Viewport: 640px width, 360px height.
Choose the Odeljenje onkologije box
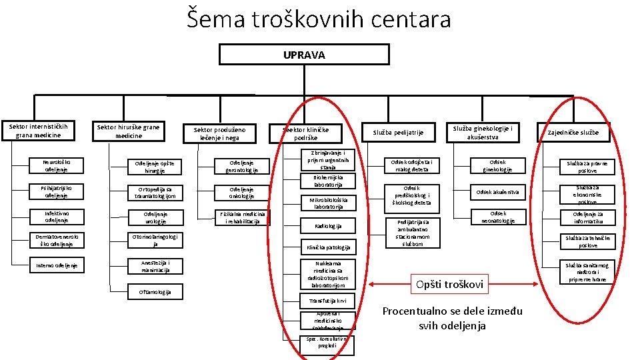(241, 192)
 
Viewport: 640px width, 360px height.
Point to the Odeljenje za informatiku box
(587, 217)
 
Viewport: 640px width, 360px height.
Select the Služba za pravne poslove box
(587, 167)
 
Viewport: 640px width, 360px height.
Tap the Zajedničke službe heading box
(573, 133)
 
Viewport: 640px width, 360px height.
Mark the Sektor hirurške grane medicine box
(128, 131)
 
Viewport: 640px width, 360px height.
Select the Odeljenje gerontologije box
(241, 166)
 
